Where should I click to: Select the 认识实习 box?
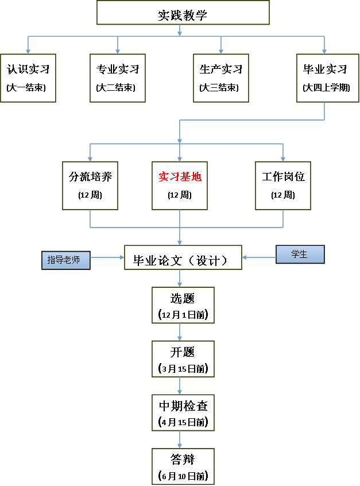coord(28,78)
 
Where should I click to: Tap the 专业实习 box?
coord(118,78)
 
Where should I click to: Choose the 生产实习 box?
coord(221,78)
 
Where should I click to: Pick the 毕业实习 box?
coord(325,78)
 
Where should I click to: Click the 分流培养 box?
coord(90,185)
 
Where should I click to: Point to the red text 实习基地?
coord(180,177)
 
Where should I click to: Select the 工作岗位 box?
coord(283,185)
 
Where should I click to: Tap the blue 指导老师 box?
coord(66,260)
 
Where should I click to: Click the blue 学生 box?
coord(300,254)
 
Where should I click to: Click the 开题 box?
coord(183,359)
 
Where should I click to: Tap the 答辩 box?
coord(183,466)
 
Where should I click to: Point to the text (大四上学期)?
coord(326,88)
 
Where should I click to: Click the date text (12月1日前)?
coord(183,315)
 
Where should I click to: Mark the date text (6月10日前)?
coord(183,476)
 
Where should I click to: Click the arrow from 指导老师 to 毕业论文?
coord(108,257)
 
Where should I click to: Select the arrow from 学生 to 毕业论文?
coord(259,257)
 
